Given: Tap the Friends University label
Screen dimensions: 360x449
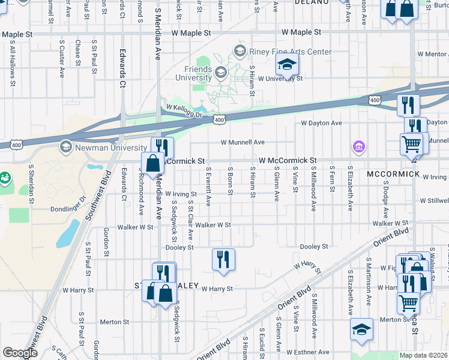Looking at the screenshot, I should click(193, 73).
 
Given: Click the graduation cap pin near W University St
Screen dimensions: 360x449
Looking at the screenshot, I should click(288, 65).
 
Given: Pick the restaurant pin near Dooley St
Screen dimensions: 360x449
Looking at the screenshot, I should click(223, 260).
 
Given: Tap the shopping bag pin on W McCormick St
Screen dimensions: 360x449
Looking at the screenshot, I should click(153, 163).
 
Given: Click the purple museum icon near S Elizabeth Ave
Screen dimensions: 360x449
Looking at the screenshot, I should click(359, 146).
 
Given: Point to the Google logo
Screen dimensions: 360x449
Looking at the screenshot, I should click(20, 353).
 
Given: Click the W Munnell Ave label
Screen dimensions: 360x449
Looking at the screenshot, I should click(243, 142).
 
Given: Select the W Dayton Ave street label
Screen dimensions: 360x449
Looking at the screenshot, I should click(321, 123).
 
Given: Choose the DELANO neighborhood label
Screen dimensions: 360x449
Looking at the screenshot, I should click(312, 2).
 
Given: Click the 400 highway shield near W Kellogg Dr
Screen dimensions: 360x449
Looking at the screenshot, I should click(219, 120).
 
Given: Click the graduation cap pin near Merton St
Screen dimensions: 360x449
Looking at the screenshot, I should click(362, 329).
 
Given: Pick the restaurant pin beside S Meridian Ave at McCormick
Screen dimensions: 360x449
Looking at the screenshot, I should click(162, 147).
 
